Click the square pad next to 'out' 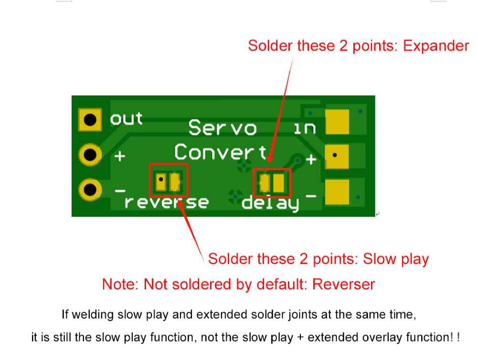click(90, 119)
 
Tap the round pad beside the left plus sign click(90, 155)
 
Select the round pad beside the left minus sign click(90, 190)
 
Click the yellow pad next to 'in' click(337, 122)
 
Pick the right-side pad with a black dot click(337, 156)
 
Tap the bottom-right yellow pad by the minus click(337, 192)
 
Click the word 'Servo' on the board click(222, 128)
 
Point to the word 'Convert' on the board click(221, 152)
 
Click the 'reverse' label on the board click(166, 202)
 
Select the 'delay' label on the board click(271, 203)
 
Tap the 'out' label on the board click(126, 118)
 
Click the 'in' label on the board click(304, 128)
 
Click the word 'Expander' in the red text click(436, 46)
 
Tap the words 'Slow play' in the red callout click(396, 259)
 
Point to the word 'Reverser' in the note click(343, 284)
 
